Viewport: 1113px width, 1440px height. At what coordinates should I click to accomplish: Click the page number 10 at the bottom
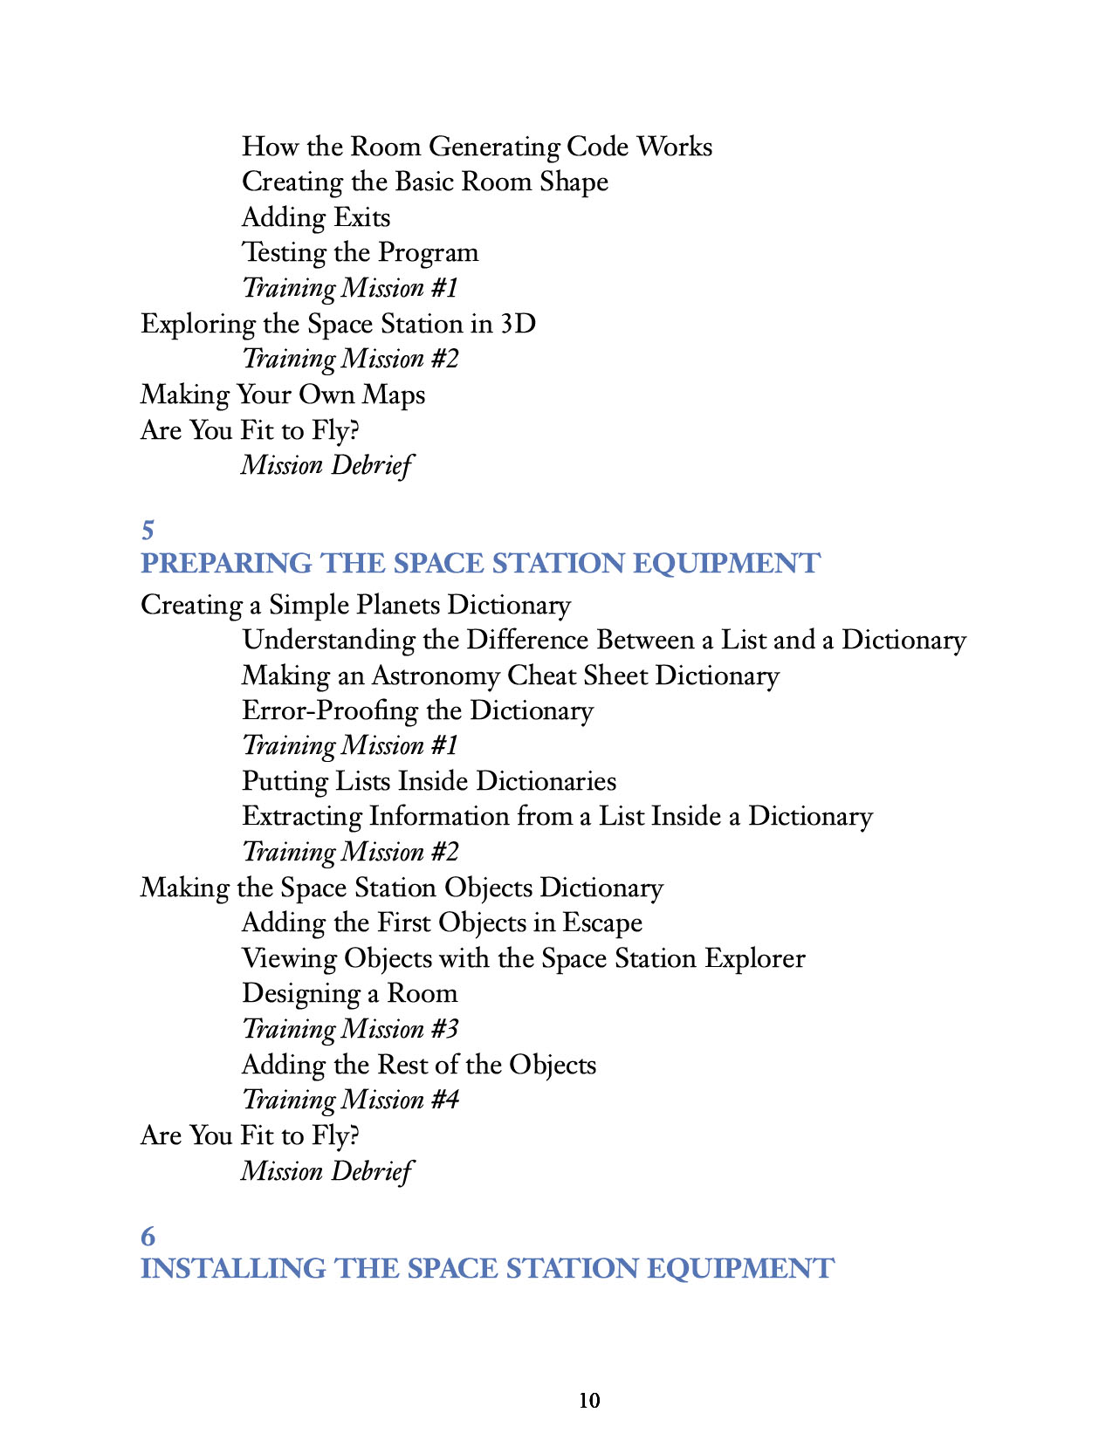pyautogui.click(x=589, y=1401)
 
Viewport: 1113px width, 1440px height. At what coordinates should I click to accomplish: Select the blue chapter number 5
pyautogui.click(x=148, y=530)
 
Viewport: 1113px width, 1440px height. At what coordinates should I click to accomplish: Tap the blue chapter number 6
pyautogui.click(x=148, y=1236)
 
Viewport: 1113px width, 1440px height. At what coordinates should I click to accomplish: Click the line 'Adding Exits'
pyautogui.click(x=316, y=217)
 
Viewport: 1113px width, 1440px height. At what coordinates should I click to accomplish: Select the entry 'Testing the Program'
pyautogui.click(x=360, y=253)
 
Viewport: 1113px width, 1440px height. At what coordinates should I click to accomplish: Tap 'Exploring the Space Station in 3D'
pyautogui.click(x=338, y=324)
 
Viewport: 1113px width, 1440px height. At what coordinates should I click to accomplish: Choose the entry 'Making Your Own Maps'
pyautogui.click(x=283, y=394)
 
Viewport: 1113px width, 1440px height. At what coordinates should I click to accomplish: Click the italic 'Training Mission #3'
pyautogui.click(x=350, y=1029)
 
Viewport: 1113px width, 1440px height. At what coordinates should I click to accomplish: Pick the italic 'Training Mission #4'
pyautogui.click(x=350, y=1100)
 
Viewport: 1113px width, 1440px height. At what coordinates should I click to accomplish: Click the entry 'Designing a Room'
pyautogui.click(x=349, y=994)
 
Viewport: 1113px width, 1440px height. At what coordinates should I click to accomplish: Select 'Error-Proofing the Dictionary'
pyautogui.click(x=417, y=711)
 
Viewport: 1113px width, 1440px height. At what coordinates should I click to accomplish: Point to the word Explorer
pyautogui.click(x=755, y=958)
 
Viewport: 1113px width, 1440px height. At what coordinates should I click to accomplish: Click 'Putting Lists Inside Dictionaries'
pyautogui.click(x=429, y=781)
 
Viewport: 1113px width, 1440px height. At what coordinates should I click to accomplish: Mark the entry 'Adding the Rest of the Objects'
pyautogui.click(x=419, y=1065)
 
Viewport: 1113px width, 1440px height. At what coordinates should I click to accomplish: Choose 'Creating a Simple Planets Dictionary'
pyautogui.click(x=355, y=605)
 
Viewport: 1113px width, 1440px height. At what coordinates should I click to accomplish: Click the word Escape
pyautogui.click(x=602, y=923)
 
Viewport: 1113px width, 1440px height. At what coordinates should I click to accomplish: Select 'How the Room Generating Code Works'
pyautogui.click(x=477, y=147)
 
